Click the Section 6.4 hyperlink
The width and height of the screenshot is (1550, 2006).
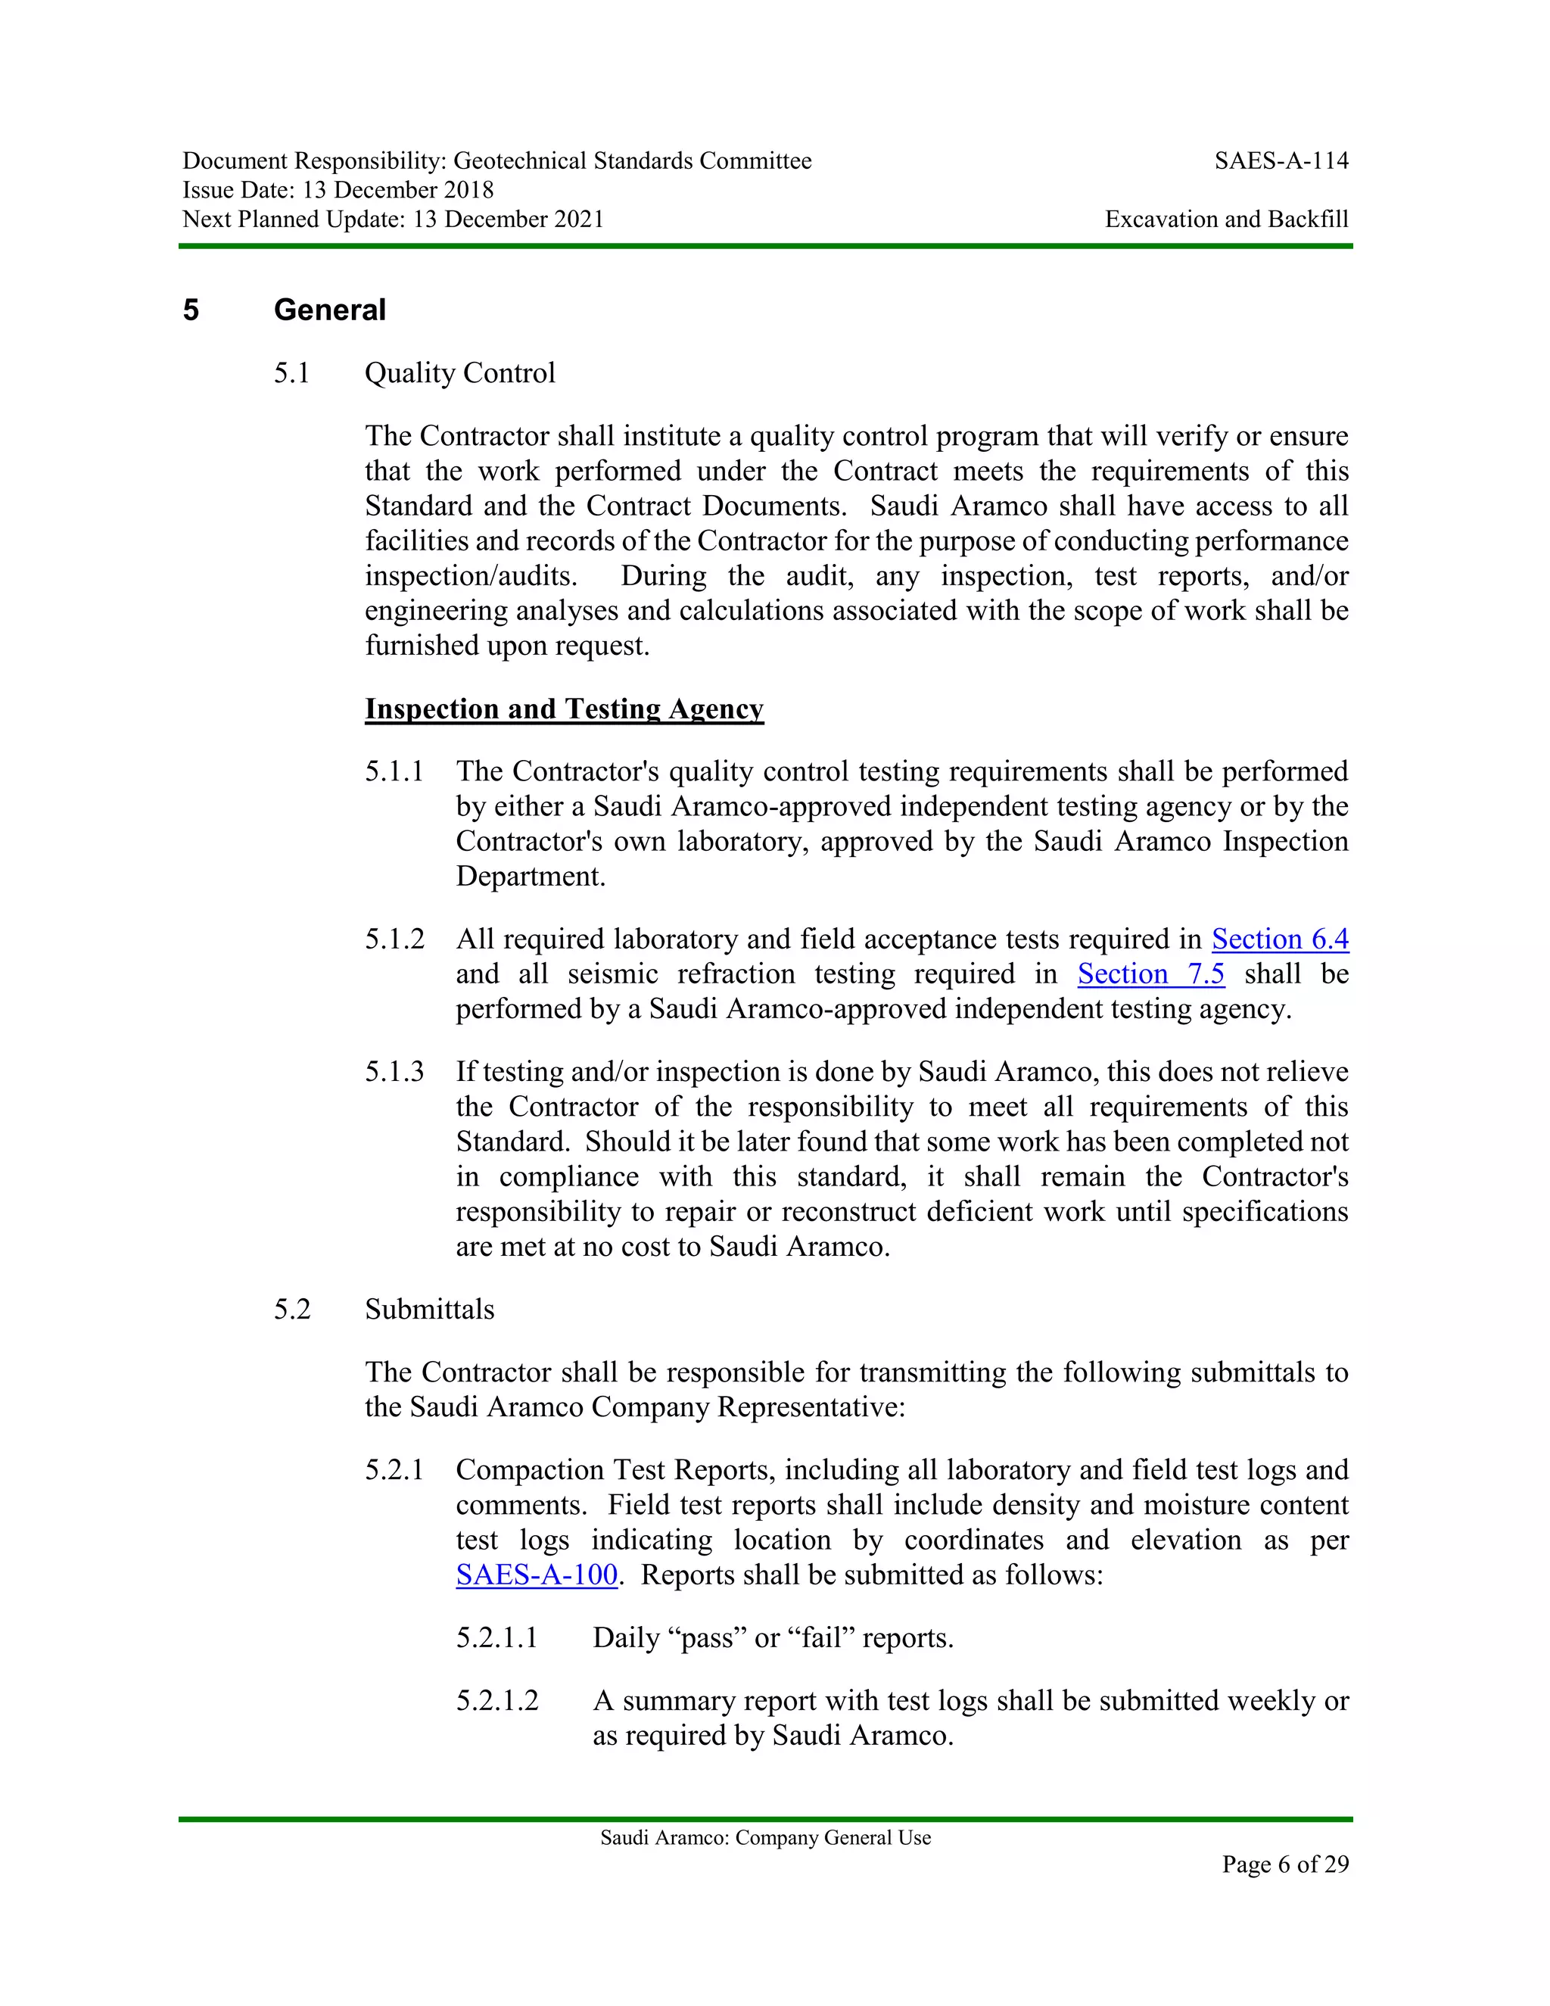click(1280, 939)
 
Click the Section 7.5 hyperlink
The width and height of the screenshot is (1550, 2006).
click(1150, 974)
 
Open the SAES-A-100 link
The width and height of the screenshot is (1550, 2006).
click(537, 1575)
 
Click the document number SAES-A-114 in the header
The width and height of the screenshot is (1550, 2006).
click(1281, 162)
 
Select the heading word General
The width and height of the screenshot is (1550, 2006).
click(330, 310)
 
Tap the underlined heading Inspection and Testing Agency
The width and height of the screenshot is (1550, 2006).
click(564, 709)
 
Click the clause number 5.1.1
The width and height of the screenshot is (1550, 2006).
click(394, 771)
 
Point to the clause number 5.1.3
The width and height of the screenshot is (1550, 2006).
click(394, 1072)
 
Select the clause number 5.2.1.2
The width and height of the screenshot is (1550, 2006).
click(496, 1701)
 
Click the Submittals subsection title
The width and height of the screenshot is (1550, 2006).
click(429, 1310)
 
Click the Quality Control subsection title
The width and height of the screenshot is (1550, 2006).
click(459, 374)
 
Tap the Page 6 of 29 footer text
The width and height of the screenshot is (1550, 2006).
click(1284, 1864)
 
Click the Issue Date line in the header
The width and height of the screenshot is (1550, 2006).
click(338, 190)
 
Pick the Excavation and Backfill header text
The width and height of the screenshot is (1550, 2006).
click(1226, 220)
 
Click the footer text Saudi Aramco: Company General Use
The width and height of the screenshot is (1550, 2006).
click(765, 1838)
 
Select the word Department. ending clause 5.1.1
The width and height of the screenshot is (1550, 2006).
click(531, 877)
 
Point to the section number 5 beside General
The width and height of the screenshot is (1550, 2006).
click(191, 310)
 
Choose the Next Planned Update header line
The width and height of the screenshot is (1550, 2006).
click(393, 220)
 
